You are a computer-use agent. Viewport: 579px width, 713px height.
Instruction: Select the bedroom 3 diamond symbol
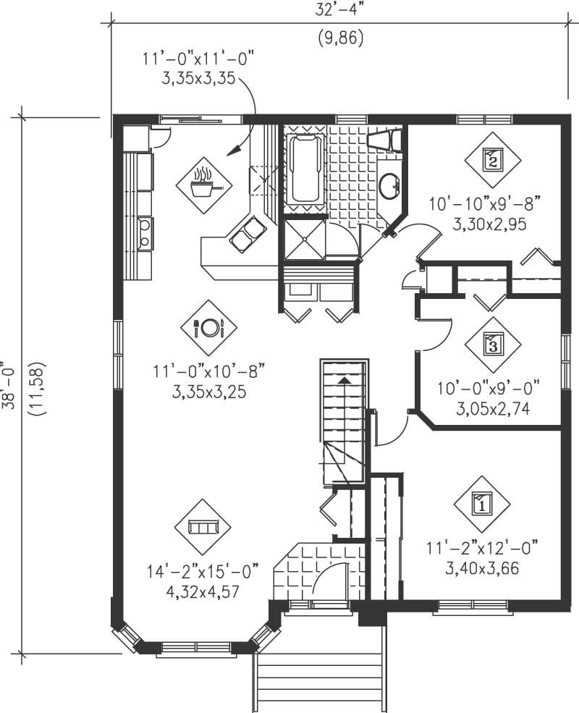point(493,345)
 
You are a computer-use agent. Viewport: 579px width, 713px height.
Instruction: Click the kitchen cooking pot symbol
point(203,185)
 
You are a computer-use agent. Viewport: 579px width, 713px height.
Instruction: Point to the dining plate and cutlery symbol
point(208,328)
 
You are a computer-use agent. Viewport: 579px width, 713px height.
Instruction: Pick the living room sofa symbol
point(203,527)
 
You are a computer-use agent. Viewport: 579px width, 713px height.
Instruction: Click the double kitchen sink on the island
point(248,233)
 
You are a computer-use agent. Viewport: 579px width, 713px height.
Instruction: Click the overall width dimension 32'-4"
point(339,10)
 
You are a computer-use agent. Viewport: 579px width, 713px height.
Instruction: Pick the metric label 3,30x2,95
point(489,224)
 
